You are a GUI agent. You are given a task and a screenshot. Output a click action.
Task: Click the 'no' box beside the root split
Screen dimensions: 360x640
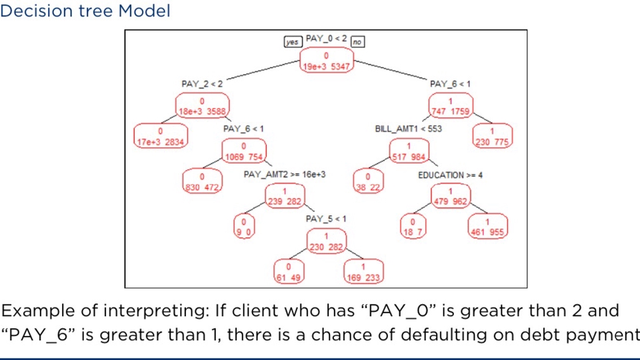tap(357, 42)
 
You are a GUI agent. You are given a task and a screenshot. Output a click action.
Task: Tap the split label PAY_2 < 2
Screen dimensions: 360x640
tap(202, 84)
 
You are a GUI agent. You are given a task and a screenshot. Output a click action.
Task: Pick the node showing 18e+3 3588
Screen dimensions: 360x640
tap(202, 107)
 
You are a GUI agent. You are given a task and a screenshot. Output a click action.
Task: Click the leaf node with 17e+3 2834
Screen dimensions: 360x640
tap(161, 136)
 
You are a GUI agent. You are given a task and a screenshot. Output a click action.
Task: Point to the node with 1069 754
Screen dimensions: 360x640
tap(243, 151)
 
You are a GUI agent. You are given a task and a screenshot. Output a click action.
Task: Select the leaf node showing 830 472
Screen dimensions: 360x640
tap(201, 181)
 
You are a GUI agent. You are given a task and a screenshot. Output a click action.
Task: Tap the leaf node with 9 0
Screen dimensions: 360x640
tap(243, 226)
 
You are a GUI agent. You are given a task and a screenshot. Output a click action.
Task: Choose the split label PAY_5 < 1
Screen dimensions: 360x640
tap(326, 219)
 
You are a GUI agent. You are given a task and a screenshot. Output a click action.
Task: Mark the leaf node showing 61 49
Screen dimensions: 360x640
tap(289, 272)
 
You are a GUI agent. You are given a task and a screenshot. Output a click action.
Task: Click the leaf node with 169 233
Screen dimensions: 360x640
tap(363, 272)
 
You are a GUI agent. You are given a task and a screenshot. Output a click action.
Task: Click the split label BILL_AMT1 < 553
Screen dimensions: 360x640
tap(409, 129)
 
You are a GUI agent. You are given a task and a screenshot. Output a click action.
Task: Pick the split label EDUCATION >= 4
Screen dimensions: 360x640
tap(450, 175)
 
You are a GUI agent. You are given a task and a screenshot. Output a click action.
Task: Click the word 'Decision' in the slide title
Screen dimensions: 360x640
tap(29, 11)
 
